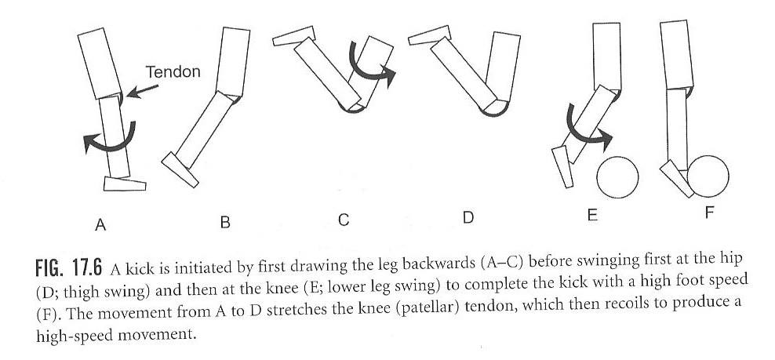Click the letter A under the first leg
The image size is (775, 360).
click(x=100, y=224)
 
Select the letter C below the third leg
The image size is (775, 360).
click(x=343, y=220)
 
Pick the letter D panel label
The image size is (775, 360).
click(x=468, y=218)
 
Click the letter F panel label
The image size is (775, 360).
click(x=709, y=212)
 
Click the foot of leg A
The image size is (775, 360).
click(x=126, y=184)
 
